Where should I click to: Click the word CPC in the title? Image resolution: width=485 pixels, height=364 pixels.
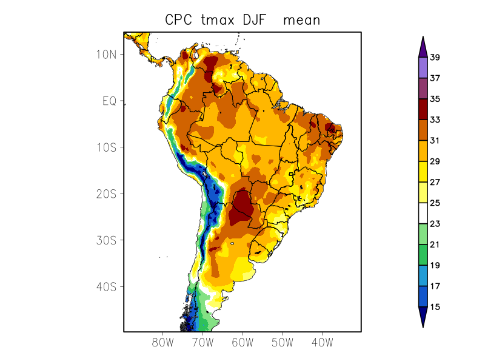(x=178, y=20)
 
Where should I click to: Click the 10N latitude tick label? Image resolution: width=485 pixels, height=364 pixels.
(x=105, y=54)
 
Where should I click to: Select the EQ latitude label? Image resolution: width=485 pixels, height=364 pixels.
(x=109, y=101)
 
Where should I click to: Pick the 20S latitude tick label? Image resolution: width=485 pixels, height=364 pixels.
(x=105, y=194)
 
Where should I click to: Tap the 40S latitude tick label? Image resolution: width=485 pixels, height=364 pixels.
(x=105, y=286)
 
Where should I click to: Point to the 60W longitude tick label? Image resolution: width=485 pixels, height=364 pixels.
(x=242, y=342)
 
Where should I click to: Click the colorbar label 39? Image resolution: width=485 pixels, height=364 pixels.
(x=435, y=58)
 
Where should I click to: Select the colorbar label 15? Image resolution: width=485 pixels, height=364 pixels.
(x=435, y=307)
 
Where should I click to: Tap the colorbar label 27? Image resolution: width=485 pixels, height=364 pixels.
(x=435, y=182)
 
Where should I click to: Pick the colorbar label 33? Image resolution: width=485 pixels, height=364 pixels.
(x=435, y=120)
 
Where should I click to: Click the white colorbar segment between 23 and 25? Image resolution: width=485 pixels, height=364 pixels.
(x=423, y=214)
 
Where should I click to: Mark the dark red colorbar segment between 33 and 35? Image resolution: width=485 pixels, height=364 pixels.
(x=423, y=109)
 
